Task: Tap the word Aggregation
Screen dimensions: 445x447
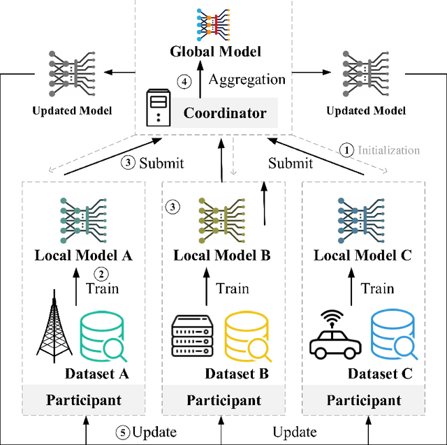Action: (247, 80)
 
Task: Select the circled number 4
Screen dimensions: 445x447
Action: (184, 82)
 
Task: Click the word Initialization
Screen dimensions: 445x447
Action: (389, 149)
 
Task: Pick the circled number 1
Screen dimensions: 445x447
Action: (346, 149)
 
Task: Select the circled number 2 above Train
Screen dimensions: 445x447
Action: (102, 273)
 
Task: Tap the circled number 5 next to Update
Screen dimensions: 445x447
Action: (122, 432)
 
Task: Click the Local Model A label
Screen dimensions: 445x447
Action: (83, 255)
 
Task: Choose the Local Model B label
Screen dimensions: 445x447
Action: (222, 255)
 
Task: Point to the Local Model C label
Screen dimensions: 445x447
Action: (363, 255)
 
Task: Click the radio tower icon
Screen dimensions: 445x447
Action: (53, 328)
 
